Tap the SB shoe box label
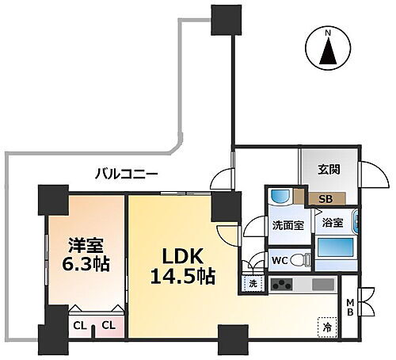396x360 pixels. coord(324,199)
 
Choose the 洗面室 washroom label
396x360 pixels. coord(288,224)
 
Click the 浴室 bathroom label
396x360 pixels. coord(333,224)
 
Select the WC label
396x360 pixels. coord(279,259)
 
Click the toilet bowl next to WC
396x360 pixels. coord(298,259)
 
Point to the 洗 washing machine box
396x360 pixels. coord(252,284)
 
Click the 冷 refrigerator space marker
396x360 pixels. coord(326,324)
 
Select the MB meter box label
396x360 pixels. coord(349,304)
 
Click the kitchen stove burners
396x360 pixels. coord(282,285)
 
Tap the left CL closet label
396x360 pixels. coord(80,324)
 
